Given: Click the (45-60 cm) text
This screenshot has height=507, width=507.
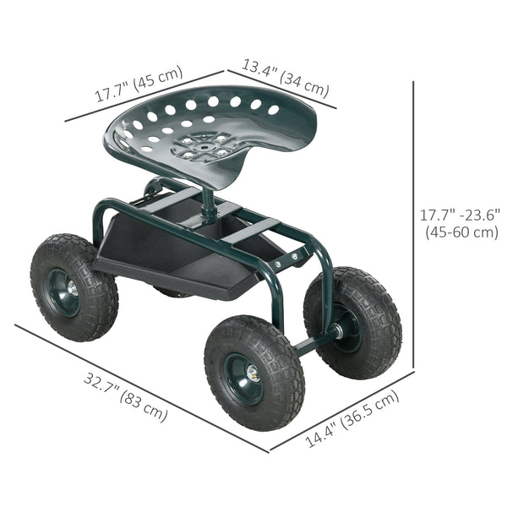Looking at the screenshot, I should (460, 232).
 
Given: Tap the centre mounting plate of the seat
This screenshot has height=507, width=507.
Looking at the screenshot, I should (204, 147).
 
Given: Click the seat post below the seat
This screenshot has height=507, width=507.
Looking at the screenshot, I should (208, 204).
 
